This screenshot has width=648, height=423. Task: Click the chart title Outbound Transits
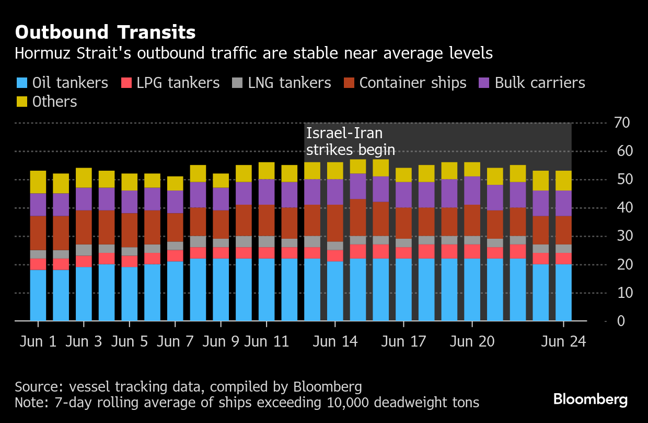[105, 32]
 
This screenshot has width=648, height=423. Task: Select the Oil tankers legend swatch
[21, 83]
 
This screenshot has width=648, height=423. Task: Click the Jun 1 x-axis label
[39, 341]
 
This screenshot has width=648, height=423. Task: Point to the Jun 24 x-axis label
[563, 341]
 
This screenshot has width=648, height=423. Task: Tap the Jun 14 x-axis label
[335, 341]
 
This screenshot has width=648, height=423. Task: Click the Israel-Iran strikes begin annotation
[350, 141]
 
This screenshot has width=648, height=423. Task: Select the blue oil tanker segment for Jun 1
[38, 295]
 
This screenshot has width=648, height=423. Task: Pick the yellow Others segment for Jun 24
[563, 181]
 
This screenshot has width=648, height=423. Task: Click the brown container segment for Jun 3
[84, 227]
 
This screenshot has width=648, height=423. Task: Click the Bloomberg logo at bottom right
[591, 400]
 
